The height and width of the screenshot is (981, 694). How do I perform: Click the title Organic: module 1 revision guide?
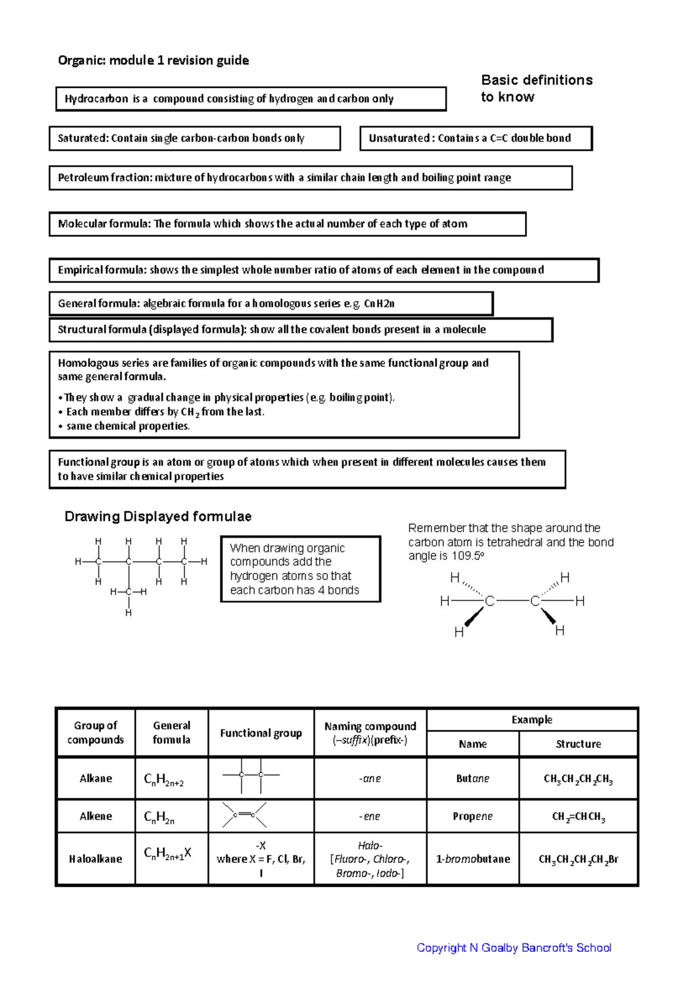coord(153,61)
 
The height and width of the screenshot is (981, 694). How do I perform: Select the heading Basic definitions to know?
coord(536,88)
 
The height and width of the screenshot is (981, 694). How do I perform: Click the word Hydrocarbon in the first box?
coord(96,99)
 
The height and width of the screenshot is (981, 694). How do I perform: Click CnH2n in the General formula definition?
coord(379,304)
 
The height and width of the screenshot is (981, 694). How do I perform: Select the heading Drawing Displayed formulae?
coord(158,516)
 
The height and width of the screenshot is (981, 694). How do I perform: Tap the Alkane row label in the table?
coord(96,778)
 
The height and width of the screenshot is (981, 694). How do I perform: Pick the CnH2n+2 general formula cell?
coord(164,780)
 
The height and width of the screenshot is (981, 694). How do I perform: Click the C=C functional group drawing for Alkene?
coord(244,815)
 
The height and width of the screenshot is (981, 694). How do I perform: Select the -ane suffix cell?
coord(370,779)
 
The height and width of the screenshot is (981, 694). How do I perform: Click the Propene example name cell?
coord(472,816)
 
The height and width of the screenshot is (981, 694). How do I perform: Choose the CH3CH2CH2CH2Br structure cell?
coord(578,860)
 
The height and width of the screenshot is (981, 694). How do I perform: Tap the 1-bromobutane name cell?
coord(472,859)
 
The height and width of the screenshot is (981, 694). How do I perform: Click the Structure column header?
coord(578,744)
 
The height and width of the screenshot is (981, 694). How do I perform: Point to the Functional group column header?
coord(261,733)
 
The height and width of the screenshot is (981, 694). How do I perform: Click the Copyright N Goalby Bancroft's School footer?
coord(514,947)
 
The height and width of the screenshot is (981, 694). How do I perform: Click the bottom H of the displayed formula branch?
coord(128,612)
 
